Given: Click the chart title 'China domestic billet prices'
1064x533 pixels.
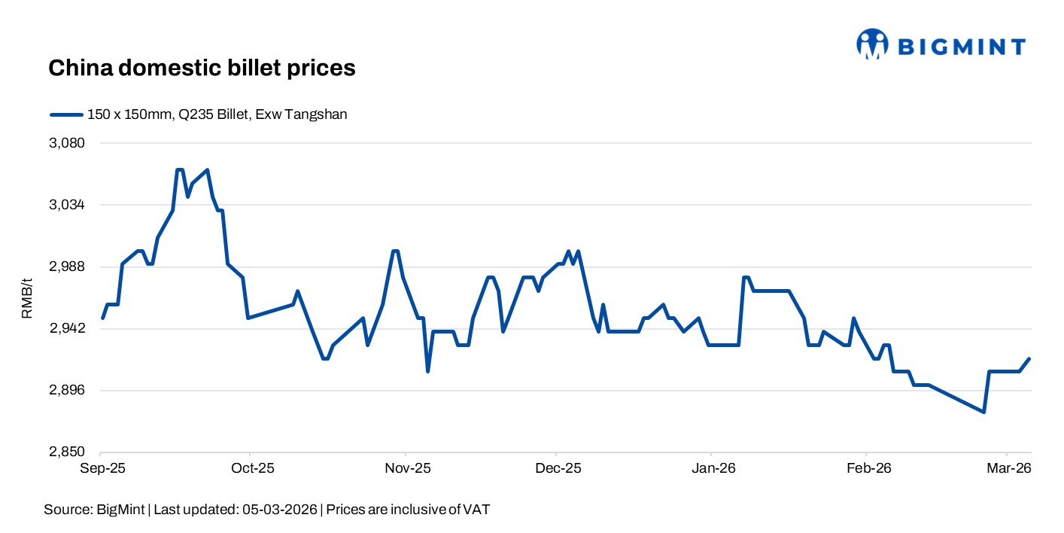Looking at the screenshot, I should (202, 68).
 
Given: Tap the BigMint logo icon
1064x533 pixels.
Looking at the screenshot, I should (872, 44).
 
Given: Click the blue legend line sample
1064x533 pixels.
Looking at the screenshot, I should (65, 114).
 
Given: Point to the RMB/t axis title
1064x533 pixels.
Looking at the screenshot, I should (27, 297).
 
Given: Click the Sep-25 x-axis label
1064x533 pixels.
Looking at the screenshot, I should (102, 468).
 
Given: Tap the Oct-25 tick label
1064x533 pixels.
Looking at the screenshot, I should (252, 468).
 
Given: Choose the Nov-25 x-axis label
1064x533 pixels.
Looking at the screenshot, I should (407, 468).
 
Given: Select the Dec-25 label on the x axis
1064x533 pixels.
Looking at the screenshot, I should (558, 468).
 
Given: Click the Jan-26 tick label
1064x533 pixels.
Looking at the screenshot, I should (713, 468).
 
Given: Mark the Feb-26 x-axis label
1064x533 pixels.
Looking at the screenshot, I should (868, 468).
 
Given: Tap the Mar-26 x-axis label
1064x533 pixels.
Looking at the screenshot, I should (1008, 468).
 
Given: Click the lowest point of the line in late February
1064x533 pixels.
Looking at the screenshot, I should (983, 412).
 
